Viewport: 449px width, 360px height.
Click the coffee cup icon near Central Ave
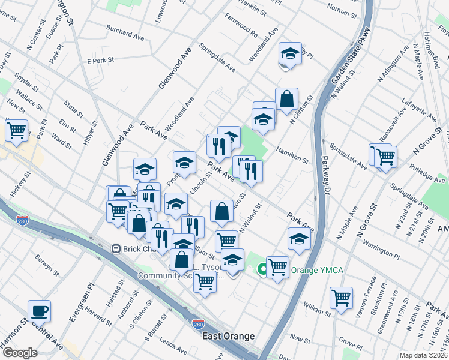(x=39, y=311)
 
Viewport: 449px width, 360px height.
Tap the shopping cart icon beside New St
(x=17, y=129)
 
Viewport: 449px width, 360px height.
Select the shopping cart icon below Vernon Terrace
(x=341, y=297)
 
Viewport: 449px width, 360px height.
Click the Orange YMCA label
(x=317, y=271)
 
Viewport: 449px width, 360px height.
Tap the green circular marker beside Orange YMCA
(x=262, y=270)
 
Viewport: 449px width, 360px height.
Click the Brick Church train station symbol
(x=116, y=248)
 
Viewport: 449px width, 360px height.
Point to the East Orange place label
(x=228, y=336)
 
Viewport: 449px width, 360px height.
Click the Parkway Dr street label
(x=324, y=179)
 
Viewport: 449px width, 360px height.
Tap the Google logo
(x=20, y=353)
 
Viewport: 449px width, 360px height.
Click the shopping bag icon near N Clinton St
(x=287, y=100)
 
